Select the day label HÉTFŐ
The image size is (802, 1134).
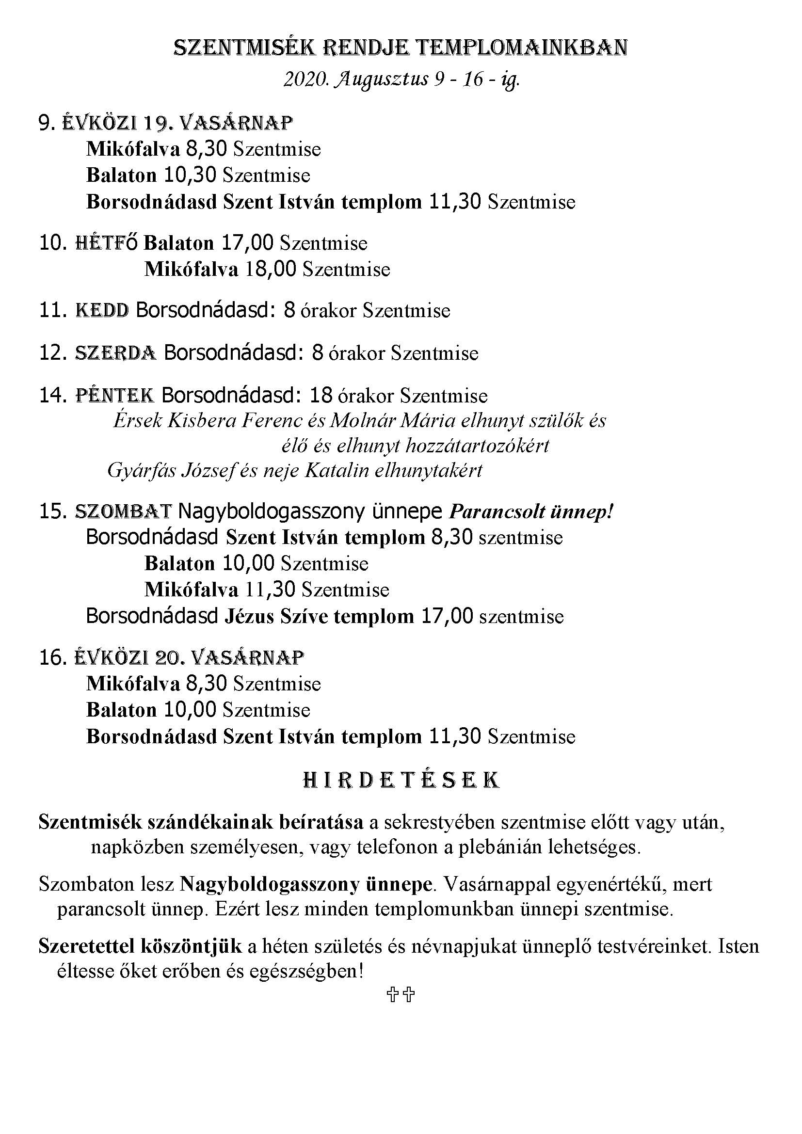tap(106, 243)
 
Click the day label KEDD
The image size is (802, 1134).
tap(102, 310)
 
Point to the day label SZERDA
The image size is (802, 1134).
tap(115, 353)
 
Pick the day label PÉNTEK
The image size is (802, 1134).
tap(114, 396)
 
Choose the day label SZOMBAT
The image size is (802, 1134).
tap(124, 511)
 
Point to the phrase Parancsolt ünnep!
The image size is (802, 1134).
tap(531, 512)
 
